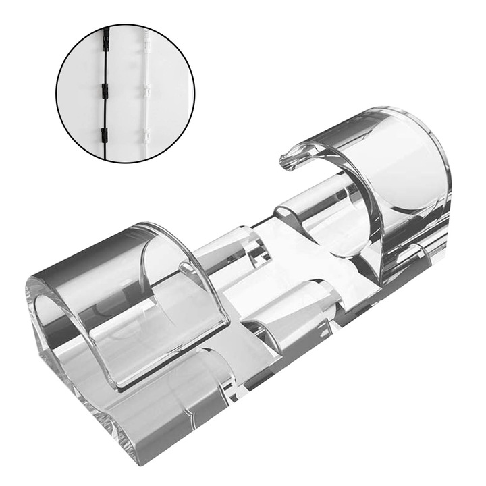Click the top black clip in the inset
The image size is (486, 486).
pyautogui.click(x=107, y=41)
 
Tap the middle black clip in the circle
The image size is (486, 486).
pyautogui.click(x=105, y=90)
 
